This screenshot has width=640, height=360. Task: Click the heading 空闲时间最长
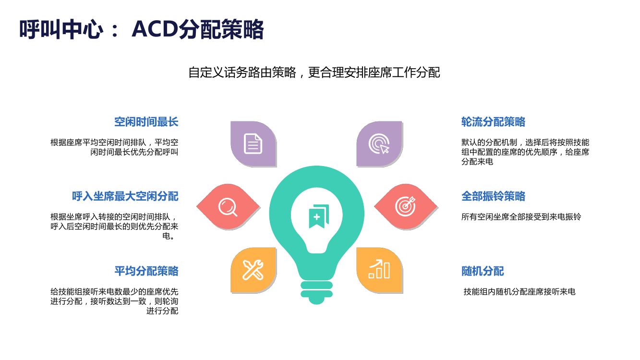(146, 122)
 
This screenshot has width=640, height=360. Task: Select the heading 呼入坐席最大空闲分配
(125, 196)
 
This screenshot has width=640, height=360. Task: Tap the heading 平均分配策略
(146, 271)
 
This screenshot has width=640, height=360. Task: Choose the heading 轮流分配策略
(494, 122)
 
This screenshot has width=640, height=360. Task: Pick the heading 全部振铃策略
(494, 196)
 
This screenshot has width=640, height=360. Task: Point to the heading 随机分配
(483, 271)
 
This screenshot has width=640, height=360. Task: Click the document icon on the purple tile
(253, 144)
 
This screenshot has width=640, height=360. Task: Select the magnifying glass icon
(228, 207)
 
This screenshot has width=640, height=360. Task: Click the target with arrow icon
(405, 206)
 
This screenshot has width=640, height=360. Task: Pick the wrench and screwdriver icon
(253, 270)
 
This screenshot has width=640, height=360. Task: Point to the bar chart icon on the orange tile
(379, 269)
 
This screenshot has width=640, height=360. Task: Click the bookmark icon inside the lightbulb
(319, 216)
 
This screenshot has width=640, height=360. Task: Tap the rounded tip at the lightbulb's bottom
(316, 301)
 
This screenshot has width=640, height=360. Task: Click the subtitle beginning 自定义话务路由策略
(314, 72)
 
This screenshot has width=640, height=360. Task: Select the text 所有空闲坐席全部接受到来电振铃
(521, 217)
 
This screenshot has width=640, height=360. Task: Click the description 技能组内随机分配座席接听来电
(519, 292)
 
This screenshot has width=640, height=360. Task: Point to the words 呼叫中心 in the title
(61, 29)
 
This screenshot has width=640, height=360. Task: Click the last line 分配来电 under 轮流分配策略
(477, 162)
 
